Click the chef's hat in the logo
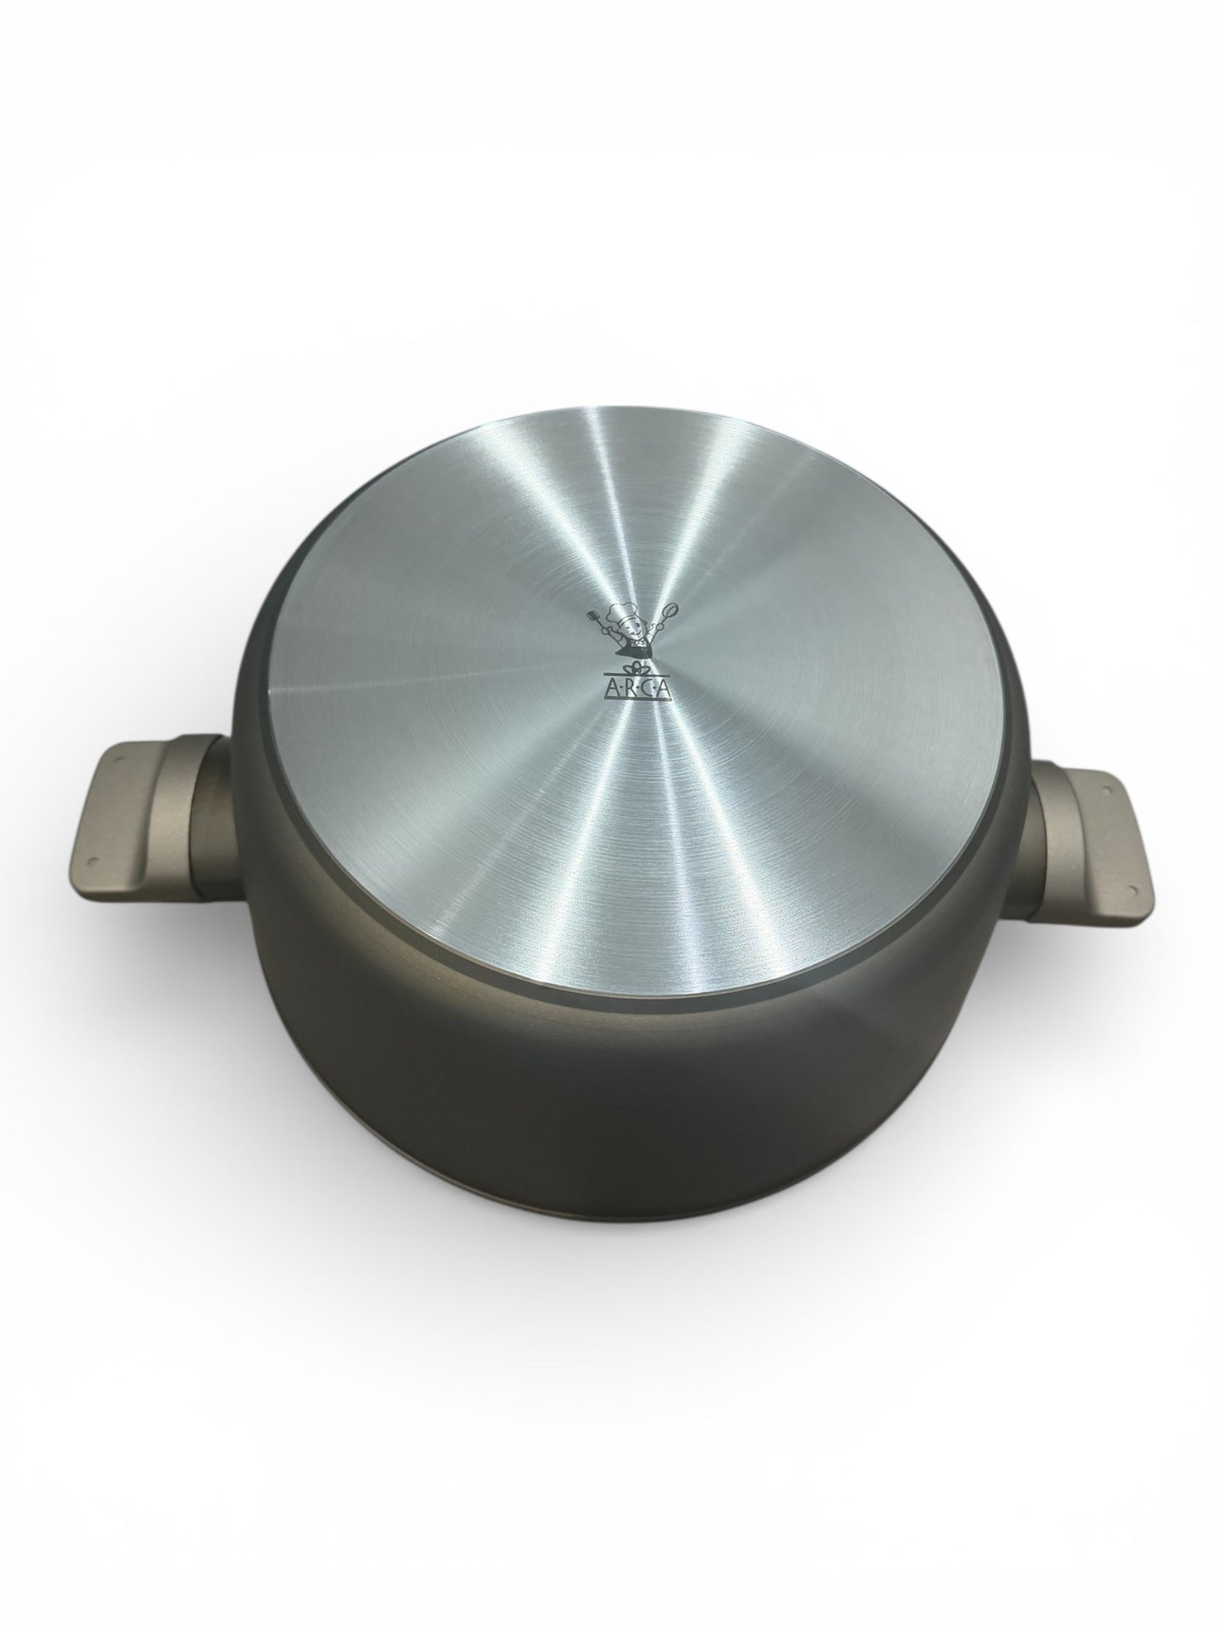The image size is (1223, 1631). click(622, 613)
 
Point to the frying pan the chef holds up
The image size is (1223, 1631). click(670, 609)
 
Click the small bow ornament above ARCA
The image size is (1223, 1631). click(636, 668)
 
